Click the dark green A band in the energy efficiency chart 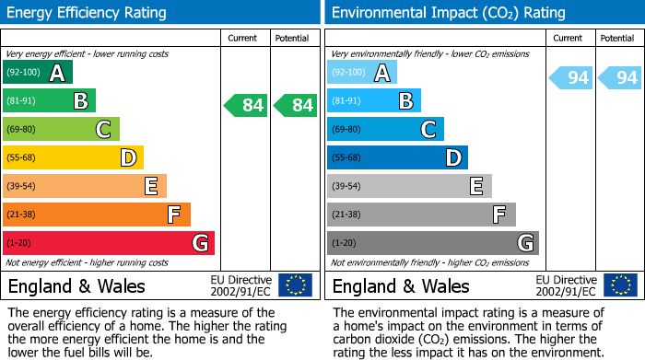tap(37, 72)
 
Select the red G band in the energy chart tap(108, 243)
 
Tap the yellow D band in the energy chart tap(73, 157)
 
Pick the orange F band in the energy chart tap(96, 215)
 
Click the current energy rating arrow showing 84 tap(246, 105)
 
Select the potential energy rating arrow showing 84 tap(295, 105)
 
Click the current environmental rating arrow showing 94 tap(570, 77)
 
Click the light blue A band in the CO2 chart tap(361, 72)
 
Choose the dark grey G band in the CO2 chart tap(432, 243)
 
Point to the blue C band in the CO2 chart tap(385, 129)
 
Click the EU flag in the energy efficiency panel tap(295, 285)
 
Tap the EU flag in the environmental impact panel tap(620, 285)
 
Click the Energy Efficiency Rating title tap(88, 13)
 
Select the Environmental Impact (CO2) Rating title tap(448, 13)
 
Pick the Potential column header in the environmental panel tap(617, 38)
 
